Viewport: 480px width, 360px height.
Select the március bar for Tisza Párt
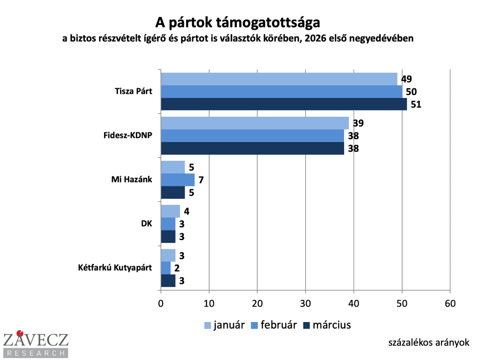click(284, 104)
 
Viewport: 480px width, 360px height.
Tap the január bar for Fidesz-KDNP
click(255, 123)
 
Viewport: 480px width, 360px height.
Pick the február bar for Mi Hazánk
click(177, 180)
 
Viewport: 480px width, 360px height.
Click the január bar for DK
click(170, 211)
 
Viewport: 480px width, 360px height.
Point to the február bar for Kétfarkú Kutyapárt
click(165, 268)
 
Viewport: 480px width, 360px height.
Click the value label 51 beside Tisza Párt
click(416, 104)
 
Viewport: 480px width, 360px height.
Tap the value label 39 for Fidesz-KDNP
click(359, 123)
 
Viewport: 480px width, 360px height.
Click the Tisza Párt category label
click(134, 91)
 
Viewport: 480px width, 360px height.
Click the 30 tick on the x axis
click(306, 303)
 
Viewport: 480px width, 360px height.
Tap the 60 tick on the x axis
click(450, 303)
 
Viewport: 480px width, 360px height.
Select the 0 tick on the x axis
click(161, 303)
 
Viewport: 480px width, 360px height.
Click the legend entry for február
click(274, 325)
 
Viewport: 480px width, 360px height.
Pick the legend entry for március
click(327, 325)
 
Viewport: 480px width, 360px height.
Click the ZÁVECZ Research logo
click(36, 344)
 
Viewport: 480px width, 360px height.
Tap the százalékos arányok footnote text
click(428, 343)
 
